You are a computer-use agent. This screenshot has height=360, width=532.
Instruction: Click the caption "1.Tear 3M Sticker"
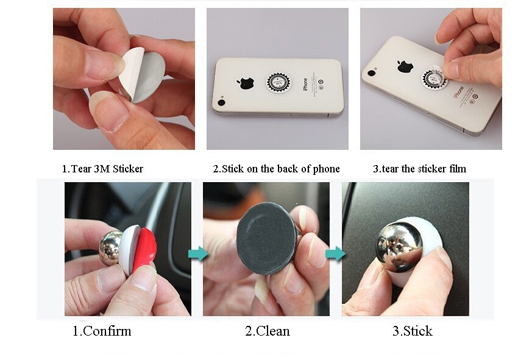[x=102, y=169]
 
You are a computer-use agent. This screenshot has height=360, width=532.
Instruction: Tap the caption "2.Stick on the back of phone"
[x=276, y=169]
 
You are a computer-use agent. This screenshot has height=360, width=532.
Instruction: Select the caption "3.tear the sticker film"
[x=420, y=169]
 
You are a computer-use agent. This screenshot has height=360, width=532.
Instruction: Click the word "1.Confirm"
[x=102, y=331]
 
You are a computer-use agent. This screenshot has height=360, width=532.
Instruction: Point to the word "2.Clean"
[x=268, y=331]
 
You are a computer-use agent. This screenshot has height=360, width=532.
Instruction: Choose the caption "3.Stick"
[x=412, y=331]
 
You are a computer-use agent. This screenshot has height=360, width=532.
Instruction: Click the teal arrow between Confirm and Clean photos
[x=198, y=253]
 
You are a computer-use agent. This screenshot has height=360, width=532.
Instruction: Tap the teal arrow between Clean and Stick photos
[x=336, y=253]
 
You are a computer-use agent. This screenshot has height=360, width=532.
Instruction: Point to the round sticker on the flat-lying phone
[x=279, y=82]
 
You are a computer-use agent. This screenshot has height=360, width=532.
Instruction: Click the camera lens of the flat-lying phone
[x=222, y=102]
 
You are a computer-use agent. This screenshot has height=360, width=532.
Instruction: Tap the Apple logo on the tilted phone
[x=405, y=66]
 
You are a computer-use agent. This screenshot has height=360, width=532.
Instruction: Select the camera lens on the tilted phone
[x=371, y=72]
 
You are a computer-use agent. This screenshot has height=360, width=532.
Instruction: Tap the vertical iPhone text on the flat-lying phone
[x=305, y=84]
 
